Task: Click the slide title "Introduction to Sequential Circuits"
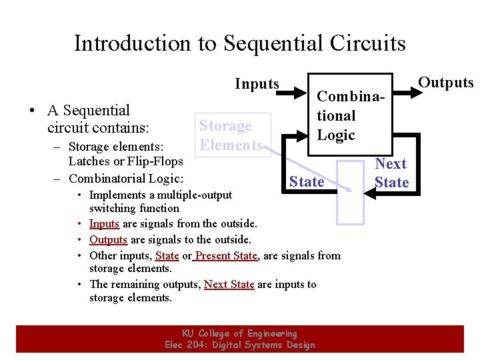[239, 43]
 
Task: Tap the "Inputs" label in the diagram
[257, 84]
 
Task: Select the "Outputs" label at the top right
[445, 83]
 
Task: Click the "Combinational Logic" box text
[340, 115]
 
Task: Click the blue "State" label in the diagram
[307, 181]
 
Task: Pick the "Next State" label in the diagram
[391, 173]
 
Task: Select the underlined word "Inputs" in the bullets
[104, 224]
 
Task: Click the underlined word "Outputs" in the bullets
[108, 240]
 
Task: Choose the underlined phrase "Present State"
[226, 255]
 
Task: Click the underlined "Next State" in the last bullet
[229, 284]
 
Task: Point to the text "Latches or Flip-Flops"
[126, 161]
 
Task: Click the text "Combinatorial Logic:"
[126, 178]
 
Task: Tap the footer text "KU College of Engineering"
[239, 333]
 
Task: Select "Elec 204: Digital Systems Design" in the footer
[239, 345]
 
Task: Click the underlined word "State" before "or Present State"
[167, 255]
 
